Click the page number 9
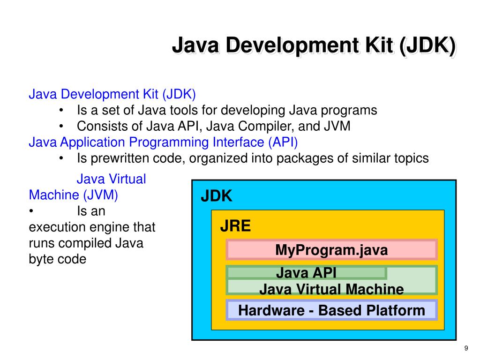(466, 347)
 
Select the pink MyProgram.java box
(331, 250)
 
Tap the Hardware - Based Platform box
(331, 310)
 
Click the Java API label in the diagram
(306, 272)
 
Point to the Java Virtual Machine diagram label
(331, 289)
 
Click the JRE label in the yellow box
(236, 227)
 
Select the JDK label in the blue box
(217, 196)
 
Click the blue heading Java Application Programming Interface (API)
(163, 142)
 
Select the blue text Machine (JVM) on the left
(74, 195)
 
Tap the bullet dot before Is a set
(62, 111)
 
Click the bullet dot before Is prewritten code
(62, 158)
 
